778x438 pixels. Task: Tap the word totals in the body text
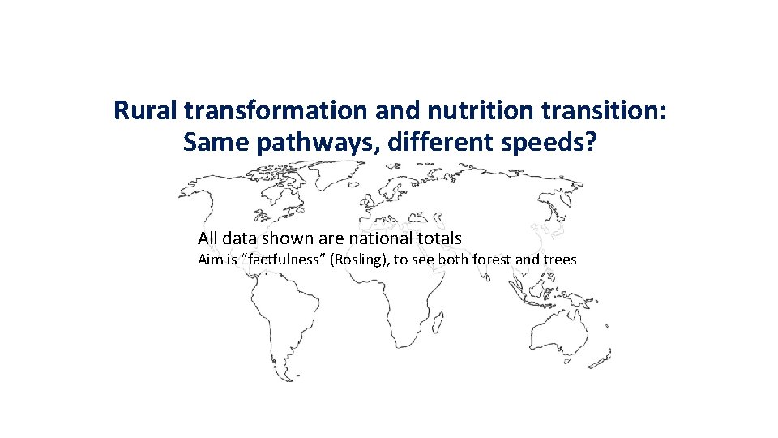(440, 238)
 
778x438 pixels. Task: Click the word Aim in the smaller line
(209, 260)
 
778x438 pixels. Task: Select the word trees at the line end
(561, 260)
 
